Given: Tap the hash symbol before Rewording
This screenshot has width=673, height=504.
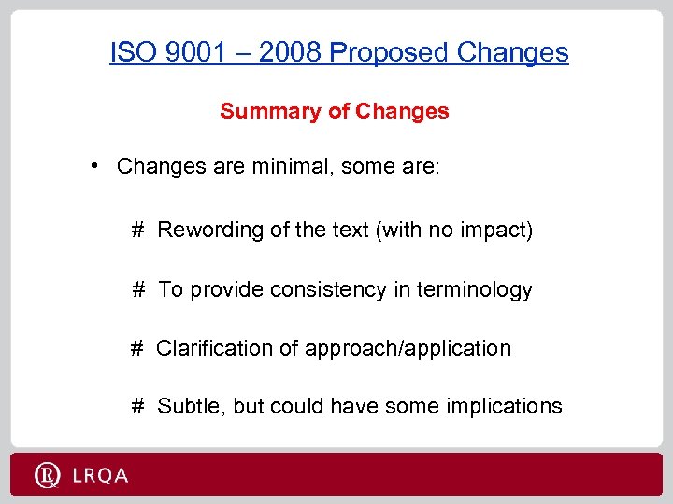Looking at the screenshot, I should coord(137,230).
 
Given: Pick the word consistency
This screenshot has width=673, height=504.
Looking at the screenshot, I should coord(327,289).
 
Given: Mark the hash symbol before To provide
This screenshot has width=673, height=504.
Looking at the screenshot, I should coord(137,289).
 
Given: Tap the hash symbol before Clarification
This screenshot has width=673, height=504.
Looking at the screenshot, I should coord(136,348).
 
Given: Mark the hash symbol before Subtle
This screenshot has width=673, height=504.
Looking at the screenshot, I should coord(137,406).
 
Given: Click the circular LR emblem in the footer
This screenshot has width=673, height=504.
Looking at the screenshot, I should coord(47,476).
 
